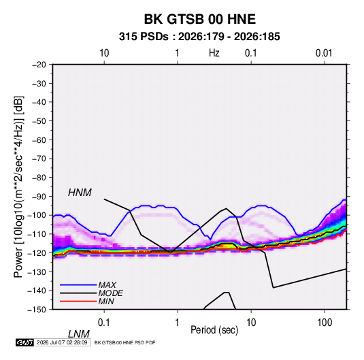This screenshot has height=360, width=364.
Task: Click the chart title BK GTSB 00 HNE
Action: click(x=200, y=19)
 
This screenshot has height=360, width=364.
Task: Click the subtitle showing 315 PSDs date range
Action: click(x=199, y=37)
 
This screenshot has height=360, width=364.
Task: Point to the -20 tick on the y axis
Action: click(x=39, y=65)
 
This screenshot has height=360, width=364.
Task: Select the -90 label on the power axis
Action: click(x=39, y=196)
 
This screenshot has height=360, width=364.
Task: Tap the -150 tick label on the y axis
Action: click(x=37, y=310)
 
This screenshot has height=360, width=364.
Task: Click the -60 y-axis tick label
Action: click(x=39, y=140)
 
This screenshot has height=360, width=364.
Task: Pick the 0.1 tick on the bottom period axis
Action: click(x=103, y=323)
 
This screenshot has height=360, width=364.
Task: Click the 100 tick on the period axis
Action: click(x=325, y=323)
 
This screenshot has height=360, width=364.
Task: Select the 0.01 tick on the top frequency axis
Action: click(x=324, y=53)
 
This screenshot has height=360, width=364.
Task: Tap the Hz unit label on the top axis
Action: click(x=214, y=53)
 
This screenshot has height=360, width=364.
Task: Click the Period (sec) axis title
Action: click(x=214, y=330)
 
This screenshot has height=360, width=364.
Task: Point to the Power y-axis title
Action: click(x=18, y=186)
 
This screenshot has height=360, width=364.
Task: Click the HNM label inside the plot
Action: click(x=80, y=193)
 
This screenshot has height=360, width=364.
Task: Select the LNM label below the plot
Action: click(x=79, y=334)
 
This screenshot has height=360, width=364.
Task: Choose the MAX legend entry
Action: click(x=107, y=285)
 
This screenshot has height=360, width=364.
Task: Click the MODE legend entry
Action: click(x=110, y=293)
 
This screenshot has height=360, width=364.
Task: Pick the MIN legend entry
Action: click(x=106, y=301)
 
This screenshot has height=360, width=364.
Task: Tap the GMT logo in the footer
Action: click(x=25, y=342)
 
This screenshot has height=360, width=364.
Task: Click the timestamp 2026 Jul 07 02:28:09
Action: click(x=62, y=342)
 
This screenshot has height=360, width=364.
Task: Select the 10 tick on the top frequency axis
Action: click(x=104, y=53)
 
